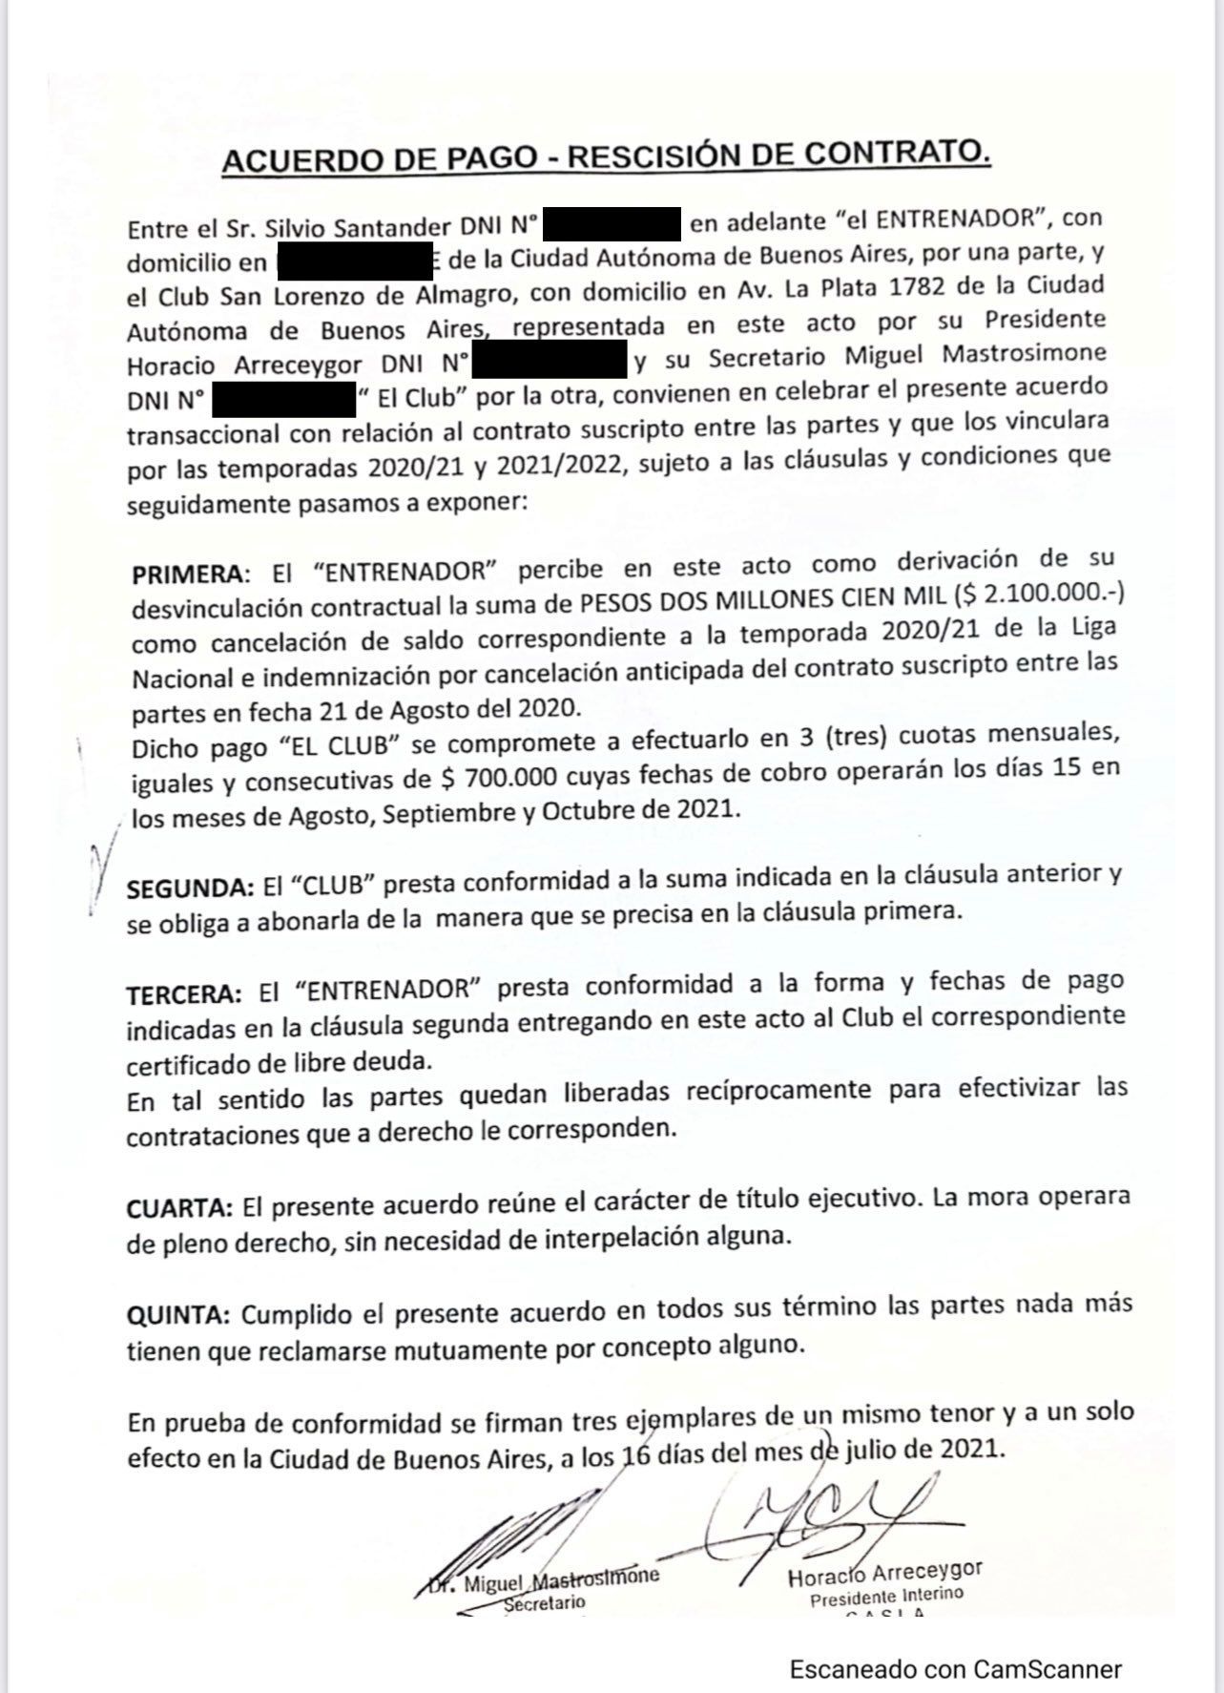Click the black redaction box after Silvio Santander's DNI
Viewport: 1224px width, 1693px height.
click(611, 225)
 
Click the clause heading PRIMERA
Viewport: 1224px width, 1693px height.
click(187, 575)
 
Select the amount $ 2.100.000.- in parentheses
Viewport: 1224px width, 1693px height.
click(1045, 595)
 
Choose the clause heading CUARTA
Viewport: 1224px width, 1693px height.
click(179, 1207)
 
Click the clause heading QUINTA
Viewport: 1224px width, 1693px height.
click(178, 1315)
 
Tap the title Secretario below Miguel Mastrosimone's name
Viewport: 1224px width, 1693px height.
click(544, 1602)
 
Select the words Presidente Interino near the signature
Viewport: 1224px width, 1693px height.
click(886, 1596)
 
